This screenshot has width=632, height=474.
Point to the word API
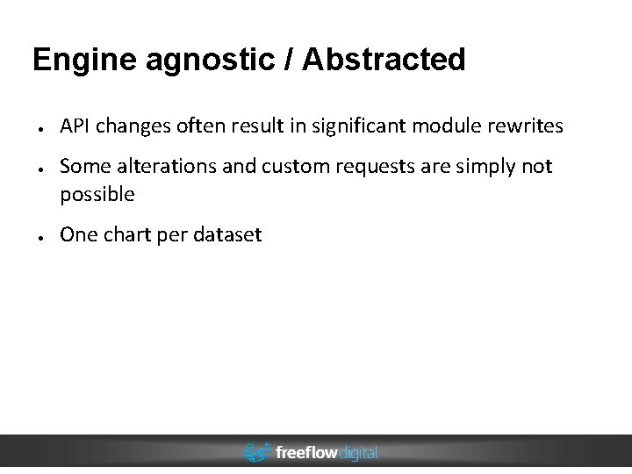tap(75, 126)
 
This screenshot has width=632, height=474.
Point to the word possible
tap(97, 195)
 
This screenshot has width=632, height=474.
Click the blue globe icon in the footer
tap(257, 453)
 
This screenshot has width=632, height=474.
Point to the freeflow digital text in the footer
tap(327, 453)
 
